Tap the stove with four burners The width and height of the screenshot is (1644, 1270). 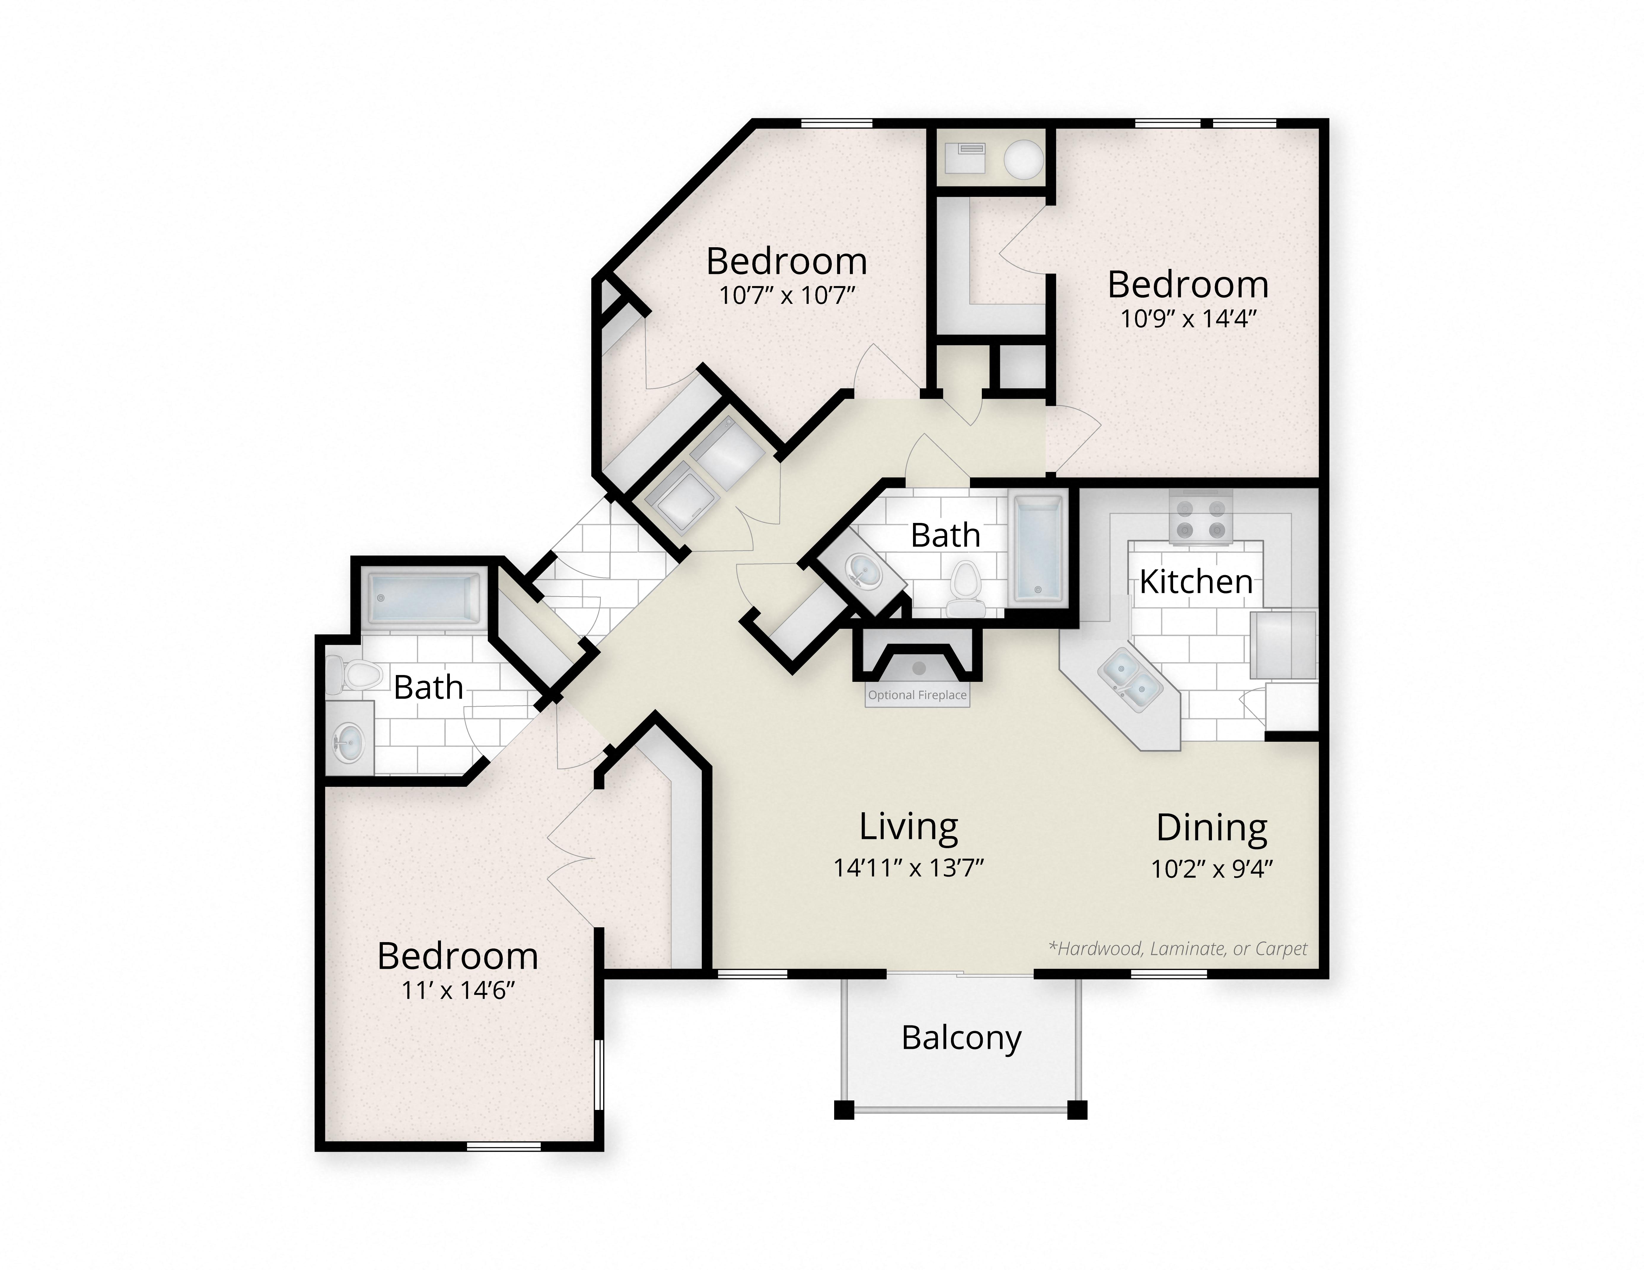(1201, 518)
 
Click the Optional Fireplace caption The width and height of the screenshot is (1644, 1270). (917, 695)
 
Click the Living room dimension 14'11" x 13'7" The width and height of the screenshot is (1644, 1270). (909, 868)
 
